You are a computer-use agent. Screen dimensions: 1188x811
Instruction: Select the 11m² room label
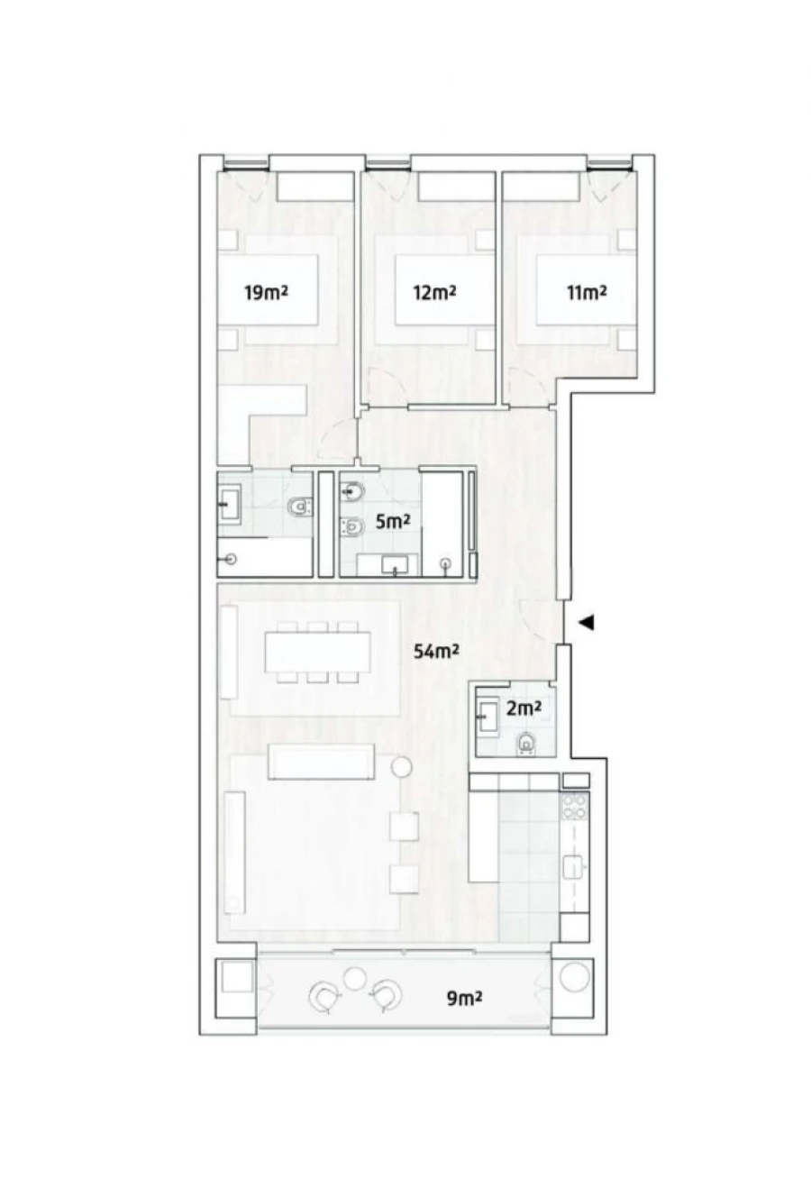(x=586, y=292)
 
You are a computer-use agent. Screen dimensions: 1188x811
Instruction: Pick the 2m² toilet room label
(x=524, y=709)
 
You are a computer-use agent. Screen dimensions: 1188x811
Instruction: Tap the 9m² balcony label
(x=464, y=998)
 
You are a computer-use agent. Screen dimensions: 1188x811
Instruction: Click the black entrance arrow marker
(x=587, y=622)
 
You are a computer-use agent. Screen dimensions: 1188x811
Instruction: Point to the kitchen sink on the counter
(x=573, y=867)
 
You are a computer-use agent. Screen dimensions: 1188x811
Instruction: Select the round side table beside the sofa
(x=401, y=767)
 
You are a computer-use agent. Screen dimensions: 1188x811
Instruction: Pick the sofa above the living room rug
(x=322, y=763)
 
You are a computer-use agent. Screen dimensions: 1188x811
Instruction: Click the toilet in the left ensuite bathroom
(x=298, y=508)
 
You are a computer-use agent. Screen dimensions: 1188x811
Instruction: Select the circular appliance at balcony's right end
(x=572, y=977)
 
